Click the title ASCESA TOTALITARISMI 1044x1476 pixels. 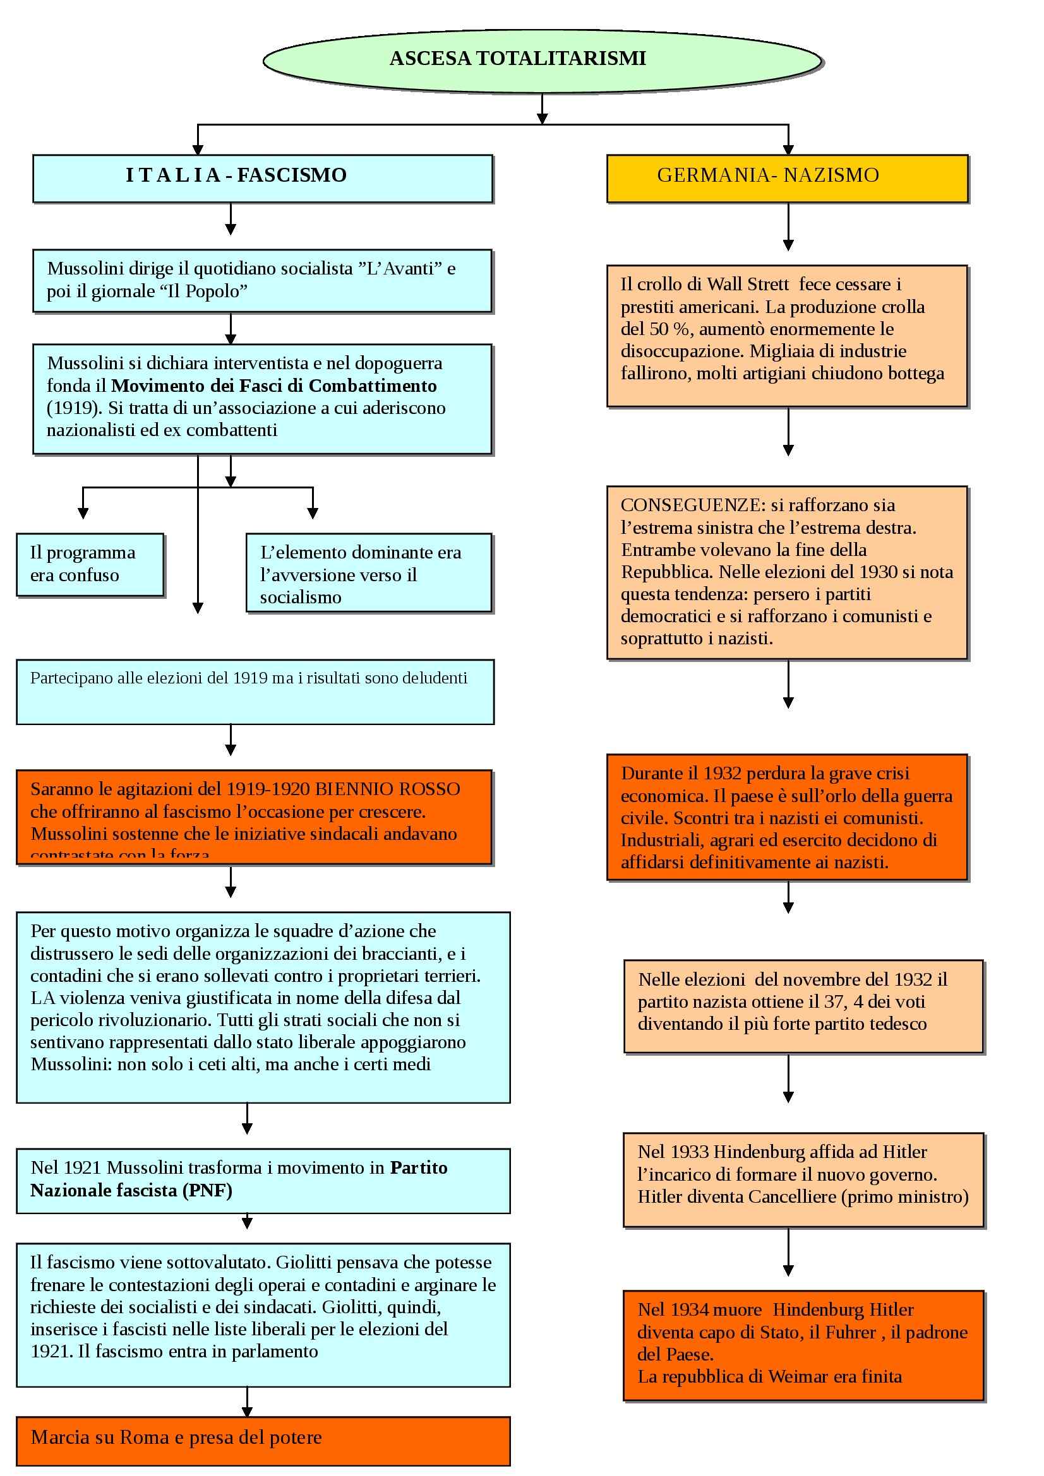click(518, 59)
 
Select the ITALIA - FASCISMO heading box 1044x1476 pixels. click(263, 178)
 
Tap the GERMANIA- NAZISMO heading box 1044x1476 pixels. click(787, 178)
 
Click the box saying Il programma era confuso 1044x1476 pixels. click(90, 564)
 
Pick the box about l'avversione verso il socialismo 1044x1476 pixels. click(369, 572)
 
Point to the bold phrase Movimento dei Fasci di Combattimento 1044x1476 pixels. click(274, 386)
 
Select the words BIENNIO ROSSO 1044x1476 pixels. click(388, 789)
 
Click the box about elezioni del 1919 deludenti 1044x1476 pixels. click(255, 691)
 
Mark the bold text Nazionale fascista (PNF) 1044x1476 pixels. click(131, 1191)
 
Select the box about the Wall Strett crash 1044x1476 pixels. click(787, 336)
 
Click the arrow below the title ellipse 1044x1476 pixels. click(542, 109)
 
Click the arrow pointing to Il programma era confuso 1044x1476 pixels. click(83, 505)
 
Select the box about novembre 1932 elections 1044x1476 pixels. click(803, 1006)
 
